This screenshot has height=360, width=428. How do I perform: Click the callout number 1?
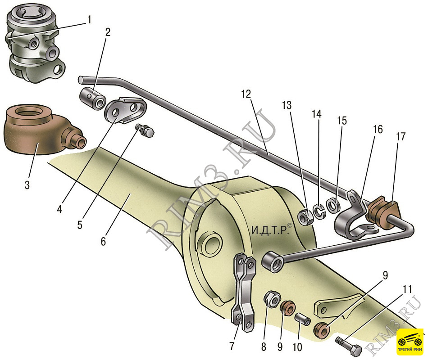[89, 20]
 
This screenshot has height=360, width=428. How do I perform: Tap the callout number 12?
[246, 94]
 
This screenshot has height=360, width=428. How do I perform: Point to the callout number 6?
[103, 241]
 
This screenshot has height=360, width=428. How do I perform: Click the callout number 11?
[407, 289]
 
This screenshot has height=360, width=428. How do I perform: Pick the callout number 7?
[232, 346]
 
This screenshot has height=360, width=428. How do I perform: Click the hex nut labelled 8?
[272, 298]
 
